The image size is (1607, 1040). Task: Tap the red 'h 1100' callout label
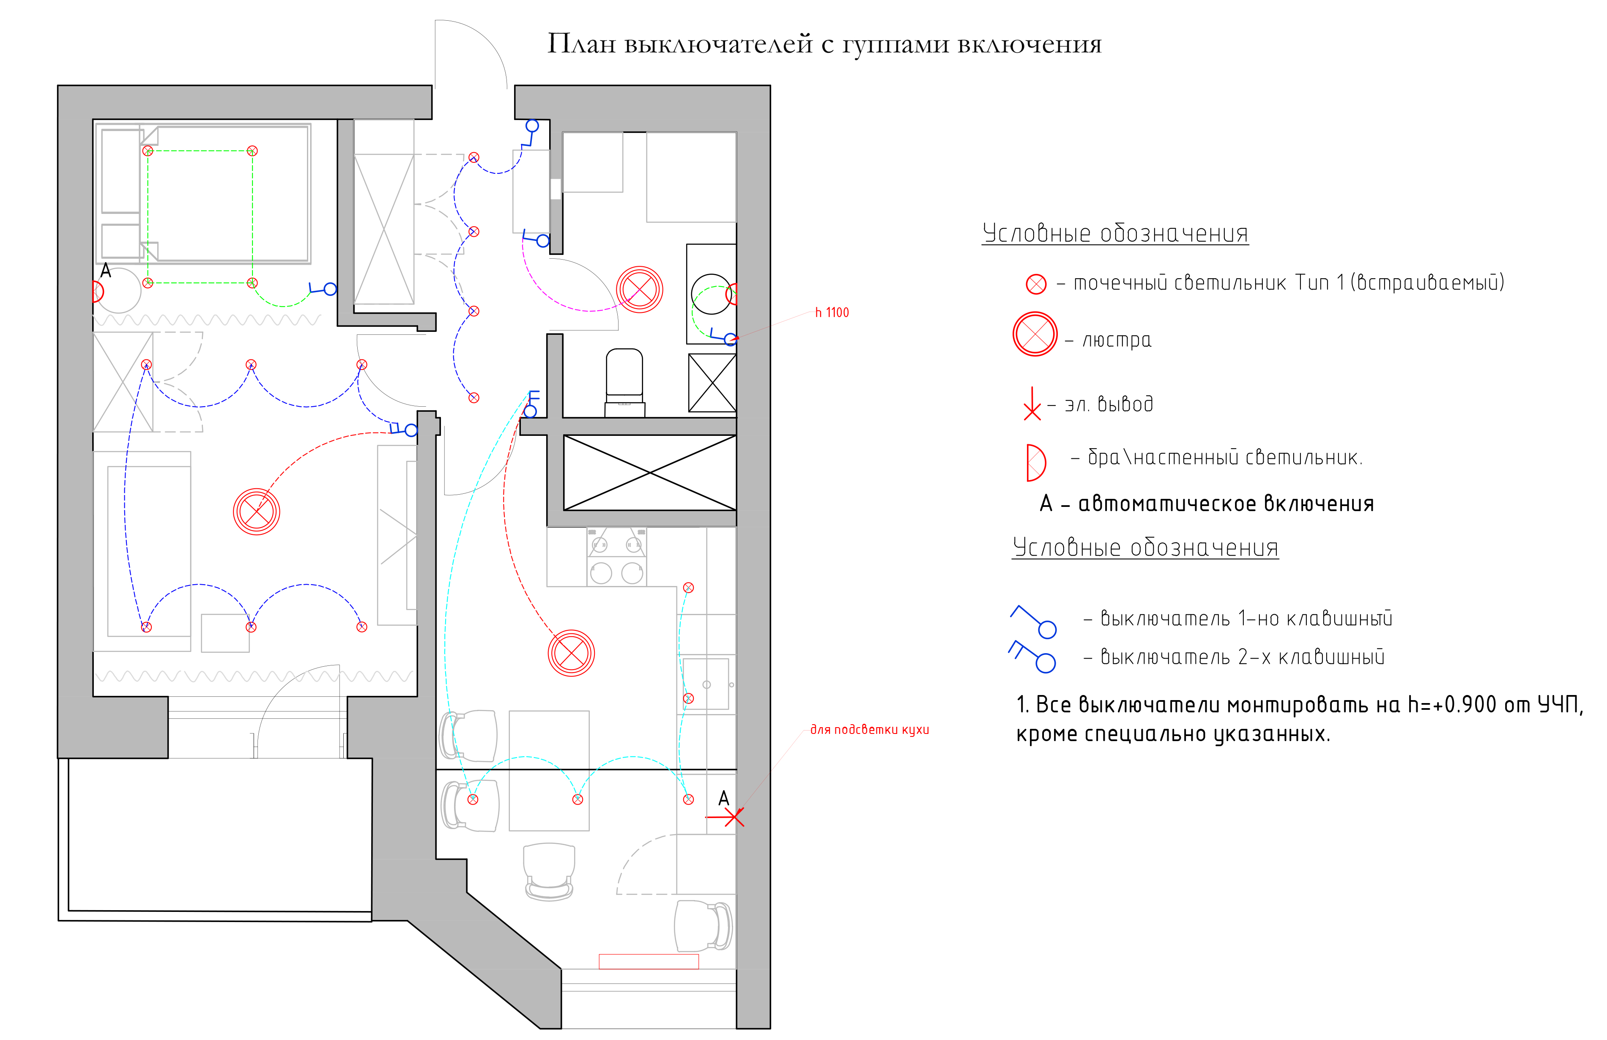tap(832, 313)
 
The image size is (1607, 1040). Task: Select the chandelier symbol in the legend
tap(1035, 334)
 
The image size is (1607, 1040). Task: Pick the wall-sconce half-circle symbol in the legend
tap(1036, 463)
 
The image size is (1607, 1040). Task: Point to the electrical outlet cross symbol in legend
tap(1032, 404)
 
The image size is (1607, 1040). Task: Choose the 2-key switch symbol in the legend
tap(1032, 657)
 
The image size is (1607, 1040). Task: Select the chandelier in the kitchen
tap(571, 653)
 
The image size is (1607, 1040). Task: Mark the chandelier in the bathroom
tap(639, 290)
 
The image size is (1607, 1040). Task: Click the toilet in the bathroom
tap(624, 382)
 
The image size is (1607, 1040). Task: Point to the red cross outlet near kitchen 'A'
tap(733, 817)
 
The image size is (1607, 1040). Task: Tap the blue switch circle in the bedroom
tap(330, 289)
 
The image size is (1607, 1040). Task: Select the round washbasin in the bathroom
tap(711, 294)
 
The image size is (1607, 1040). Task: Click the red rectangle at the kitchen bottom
tap(648, 961)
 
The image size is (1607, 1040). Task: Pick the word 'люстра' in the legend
tap(1117, 339)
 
